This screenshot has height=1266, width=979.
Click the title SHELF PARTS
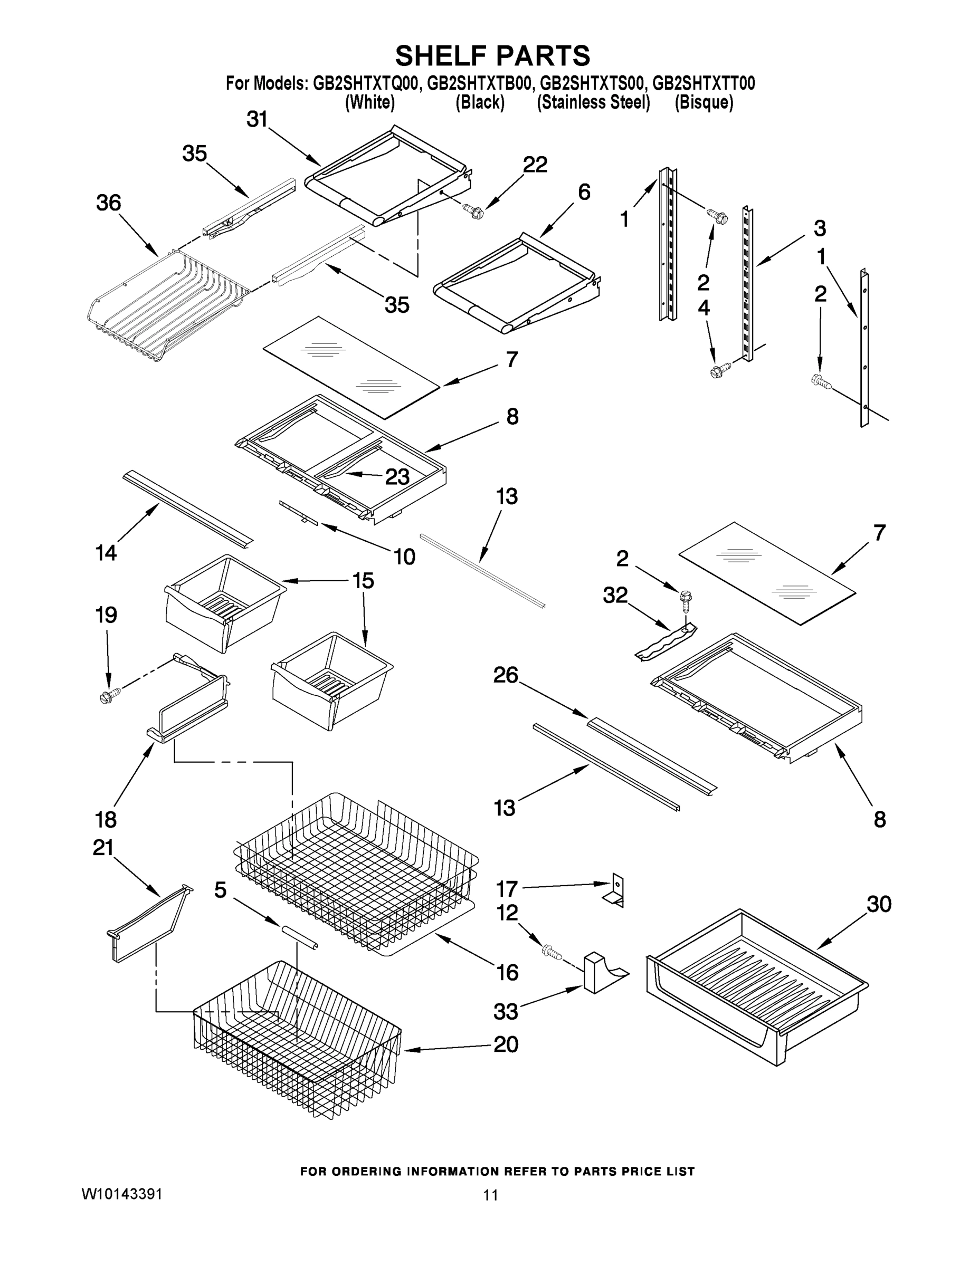coord(492,56)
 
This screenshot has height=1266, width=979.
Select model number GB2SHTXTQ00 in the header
coord(365,84)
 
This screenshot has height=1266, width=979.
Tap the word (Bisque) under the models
coord(704,103)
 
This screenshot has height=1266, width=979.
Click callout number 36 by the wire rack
coord(109,204)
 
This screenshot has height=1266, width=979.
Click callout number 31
coord(257,119)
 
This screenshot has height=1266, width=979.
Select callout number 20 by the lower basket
coord(505,1044)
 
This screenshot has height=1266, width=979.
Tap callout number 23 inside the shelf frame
coord(397,477)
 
